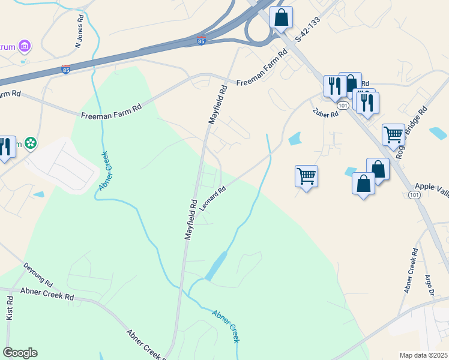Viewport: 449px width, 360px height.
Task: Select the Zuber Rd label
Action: point(327,112)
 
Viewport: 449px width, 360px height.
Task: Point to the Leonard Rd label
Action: point(213,198)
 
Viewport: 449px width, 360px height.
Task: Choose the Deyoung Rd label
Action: point(38,274)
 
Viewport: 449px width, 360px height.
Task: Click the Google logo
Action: point(20,353)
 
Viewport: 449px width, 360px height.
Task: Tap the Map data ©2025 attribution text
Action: point(423,355)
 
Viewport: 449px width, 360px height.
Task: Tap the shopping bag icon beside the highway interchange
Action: point(281,18)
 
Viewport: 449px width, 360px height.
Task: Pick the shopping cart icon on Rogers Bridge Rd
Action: point(393,134)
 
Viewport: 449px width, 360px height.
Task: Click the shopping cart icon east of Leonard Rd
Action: point(306,176)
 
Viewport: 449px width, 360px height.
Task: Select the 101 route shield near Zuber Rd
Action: point(343,105)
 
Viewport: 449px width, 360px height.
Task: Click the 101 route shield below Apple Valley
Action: point(414,195)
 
